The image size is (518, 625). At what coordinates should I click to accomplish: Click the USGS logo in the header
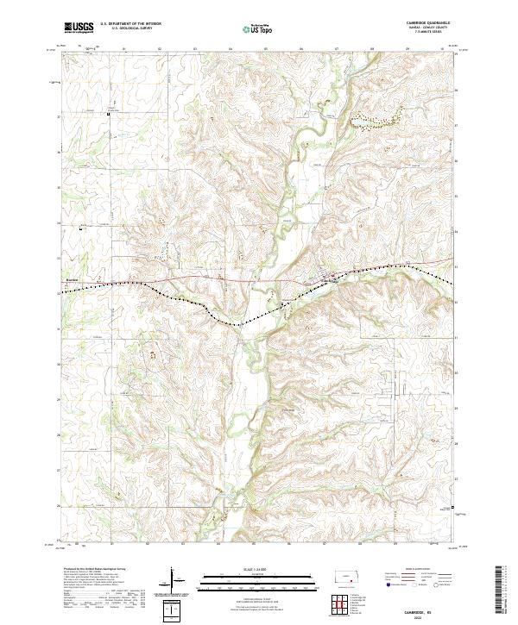[x=79, y=28]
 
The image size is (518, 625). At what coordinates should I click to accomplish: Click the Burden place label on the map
[x=72, y=279]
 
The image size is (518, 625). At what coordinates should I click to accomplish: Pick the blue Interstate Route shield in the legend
[x=382, y=591]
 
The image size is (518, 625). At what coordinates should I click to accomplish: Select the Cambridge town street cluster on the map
[x=331, y=278]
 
